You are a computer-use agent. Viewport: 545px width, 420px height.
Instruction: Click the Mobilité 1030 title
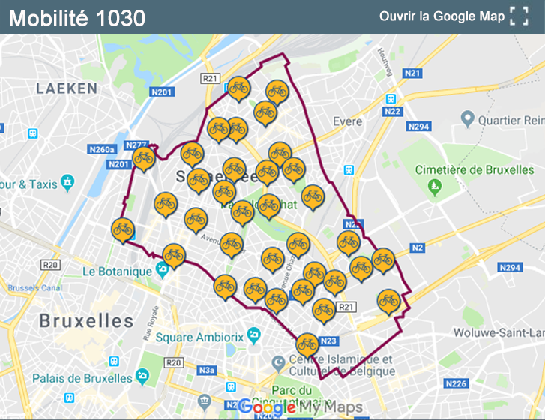77,17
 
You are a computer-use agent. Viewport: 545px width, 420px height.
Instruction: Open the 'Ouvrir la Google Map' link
442,16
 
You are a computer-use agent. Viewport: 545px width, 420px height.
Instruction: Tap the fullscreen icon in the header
519,16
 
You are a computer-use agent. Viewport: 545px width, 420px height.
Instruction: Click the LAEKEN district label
67,88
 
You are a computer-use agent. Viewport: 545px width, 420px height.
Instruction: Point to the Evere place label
347,121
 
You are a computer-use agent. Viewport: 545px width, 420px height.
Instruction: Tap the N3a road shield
207,370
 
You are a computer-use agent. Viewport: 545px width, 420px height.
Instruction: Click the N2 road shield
418,247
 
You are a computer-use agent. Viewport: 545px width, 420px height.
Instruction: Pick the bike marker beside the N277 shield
143,158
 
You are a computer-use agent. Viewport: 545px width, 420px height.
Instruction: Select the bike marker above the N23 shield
307,344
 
